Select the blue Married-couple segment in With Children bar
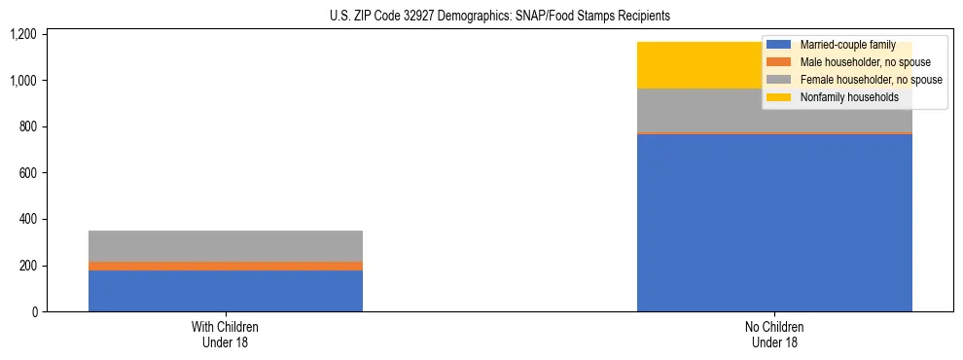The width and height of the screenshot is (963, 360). tap(226, 291)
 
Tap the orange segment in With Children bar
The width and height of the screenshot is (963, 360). tap(226, 266)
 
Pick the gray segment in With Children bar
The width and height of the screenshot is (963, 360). tap(226, 246)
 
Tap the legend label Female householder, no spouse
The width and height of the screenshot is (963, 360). tap(871, 80)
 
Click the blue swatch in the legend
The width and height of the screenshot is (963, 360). tap(779, 45)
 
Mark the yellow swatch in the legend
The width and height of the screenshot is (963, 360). tap(779, 97)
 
